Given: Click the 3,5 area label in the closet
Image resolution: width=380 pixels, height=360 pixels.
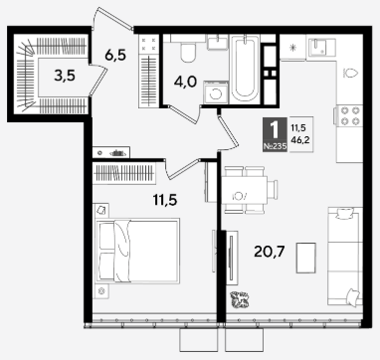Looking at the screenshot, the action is (65, 77).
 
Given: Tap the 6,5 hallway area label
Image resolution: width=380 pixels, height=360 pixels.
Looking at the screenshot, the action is (115, 55).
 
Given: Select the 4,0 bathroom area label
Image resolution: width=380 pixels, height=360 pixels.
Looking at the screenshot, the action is (185, 82).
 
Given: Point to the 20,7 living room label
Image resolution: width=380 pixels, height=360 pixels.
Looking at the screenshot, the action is (270, 252).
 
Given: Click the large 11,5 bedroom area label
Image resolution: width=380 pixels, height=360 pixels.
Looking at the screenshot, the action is (165, 200).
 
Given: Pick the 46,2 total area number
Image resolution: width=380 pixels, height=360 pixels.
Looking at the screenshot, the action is (300, 140).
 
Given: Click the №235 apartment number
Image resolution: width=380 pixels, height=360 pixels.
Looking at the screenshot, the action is (275, 147).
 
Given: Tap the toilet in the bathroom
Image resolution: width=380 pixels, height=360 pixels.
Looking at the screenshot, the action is (189, 52).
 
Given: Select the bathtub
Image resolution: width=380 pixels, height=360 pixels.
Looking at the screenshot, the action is (245, 69).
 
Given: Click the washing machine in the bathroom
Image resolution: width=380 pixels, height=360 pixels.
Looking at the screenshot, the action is (216, 92).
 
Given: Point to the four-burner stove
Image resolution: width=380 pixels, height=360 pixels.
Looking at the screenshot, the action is (349, 115).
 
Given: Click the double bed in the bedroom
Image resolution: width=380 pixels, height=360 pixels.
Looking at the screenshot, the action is (137, 251).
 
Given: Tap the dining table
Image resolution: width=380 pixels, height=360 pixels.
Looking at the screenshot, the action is (244, 190).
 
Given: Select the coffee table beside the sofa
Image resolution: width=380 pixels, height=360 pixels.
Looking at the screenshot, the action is (305, 258).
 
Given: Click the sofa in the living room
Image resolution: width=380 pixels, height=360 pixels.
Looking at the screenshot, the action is (345, 257).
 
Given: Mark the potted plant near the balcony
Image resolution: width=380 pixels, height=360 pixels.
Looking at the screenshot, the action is (241, 299).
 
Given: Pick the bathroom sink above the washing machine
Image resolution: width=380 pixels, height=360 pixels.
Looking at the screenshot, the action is (218, 43).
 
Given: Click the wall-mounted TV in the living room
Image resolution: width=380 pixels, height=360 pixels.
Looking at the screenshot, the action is (231, 257).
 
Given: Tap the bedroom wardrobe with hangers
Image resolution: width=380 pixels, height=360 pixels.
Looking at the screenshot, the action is (124, 173).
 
